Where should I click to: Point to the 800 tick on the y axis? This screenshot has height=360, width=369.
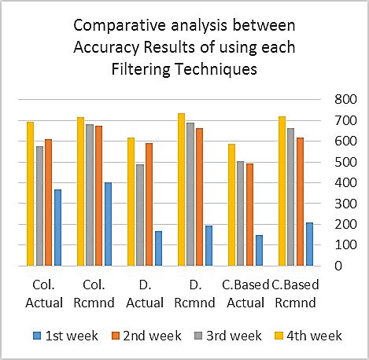(x=344, y=100)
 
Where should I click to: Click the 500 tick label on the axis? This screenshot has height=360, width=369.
(x=344, y=162)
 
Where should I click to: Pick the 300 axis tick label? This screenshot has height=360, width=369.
(x=344, y=204)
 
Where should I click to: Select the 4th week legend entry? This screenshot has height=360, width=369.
(x=312, y=336)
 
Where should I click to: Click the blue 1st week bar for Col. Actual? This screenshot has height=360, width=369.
(x=57, y=227)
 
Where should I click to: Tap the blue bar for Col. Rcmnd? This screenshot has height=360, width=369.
(x=108, y=224)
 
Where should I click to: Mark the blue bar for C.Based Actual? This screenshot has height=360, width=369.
(x=259, y=250)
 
